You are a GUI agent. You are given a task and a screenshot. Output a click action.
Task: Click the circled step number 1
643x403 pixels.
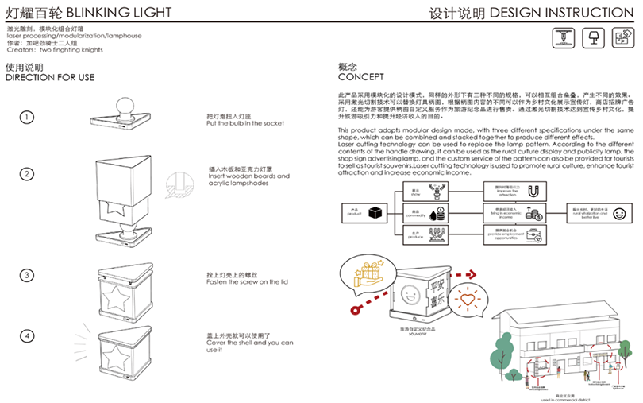[28, 117]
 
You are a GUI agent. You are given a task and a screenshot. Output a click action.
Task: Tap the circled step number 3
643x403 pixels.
[28, 275]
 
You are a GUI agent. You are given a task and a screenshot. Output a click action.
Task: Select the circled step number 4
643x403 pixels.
[28, 335]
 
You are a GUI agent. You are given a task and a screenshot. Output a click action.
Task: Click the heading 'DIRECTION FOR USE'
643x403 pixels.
[50, 77]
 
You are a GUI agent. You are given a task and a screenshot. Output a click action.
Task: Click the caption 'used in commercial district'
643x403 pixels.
[547, 397]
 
